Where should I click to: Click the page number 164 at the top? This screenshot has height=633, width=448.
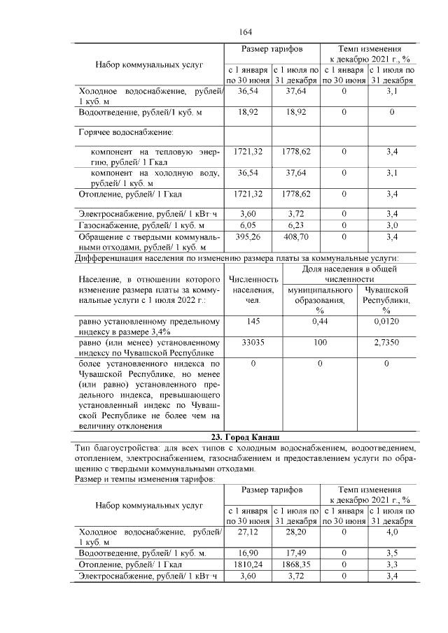pos(245,32)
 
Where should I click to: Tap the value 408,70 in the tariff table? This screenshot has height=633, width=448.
pos(295,237)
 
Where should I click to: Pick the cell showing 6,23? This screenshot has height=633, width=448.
pos(295,225)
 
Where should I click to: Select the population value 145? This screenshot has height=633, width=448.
pos(248,321)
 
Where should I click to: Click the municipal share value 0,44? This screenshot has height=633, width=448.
pos(320,321)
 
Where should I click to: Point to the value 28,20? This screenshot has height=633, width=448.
pos(295,532)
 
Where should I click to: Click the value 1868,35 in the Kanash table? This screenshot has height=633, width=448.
pos(295,564)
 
